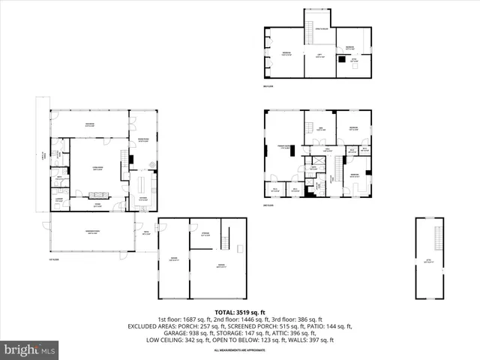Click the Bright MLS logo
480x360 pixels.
30,349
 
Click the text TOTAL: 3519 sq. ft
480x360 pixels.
239,311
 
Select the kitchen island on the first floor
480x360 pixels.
143,182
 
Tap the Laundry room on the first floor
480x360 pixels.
58,199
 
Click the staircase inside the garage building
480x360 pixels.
224,241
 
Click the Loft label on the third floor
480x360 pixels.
319,55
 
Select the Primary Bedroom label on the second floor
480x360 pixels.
285,147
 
